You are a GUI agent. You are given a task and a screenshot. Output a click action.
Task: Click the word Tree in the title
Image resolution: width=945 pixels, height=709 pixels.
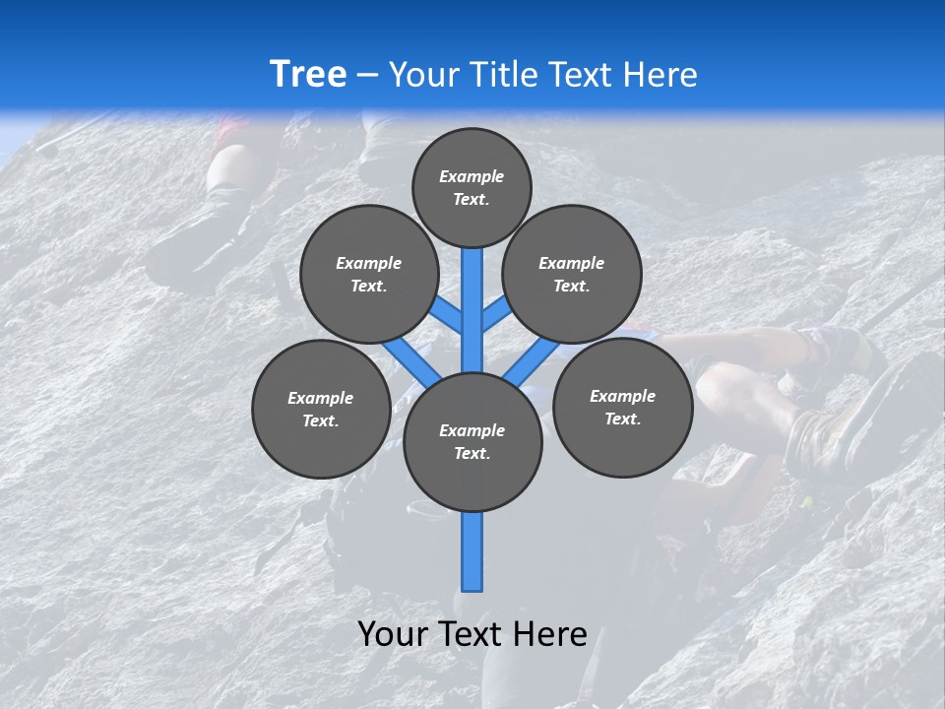[x=308, y=74]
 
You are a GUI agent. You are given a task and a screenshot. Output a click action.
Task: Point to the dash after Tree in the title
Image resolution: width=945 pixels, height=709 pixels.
[x=367, y=76]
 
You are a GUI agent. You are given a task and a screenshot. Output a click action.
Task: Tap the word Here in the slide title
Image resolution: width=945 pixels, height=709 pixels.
[x=661, y=75]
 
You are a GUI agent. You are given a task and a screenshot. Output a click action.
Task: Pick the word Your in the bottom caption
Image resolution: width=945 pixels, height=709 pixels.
[x=392, y=634]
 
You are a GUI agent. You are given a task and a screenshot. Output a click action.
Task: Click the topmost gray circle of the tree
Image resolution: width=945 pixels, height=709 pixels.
[x=472, y=187]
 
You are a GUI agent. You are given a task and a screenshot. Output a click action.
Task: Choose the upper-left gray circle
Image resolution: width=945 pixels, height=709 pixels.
[x=369, y=274]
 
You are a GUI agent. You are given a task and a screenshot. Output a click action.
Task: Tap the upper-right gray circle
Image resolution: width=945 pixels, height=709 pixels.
[x=572, y=274]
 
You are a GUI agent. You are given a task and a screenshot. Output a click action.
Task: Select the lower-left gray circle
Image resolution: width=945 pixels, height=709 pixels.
[x=321, y=409]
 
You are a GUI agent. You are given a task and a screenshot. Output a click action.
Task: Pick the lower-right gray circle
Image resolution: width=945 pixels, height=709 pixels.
[x=622, y=407]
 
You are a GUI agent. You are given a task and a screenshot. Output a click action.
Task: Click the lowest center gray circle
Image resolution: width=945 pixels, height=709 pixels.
[x=472, y=442]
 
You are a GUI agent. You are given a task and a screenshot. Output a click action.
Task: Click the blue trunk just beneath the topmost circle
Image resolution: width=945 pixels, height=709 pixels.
[x=472, y=295]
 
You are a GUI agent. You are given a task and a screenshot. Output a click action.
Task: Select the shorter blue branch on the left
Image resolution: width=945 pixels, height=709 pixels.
[x=446, y=315]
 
